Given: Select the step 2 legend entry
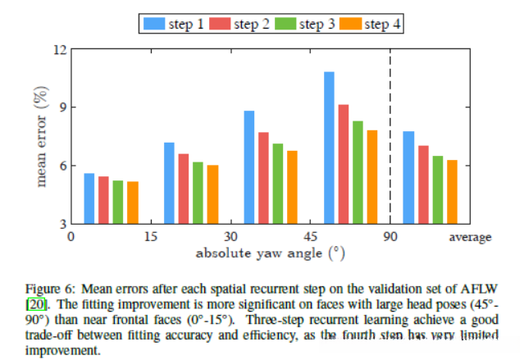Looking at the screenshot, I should [243, 24].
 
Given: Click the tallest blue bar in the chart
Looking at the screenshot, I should [329, 148].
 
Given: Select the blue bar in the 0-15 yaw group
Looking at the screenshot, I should [89, 198].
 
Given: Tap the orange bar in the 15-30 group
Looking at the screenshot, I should [213, 194].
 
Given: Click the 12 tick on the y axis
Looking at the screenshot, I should [59, 49].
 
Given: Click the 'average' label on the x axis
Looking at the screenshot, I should [470, 237].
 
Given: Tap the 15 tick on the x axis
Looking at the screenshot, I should [150, 237].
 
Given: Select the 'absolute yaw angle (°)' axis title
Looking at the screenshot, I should [270, 253].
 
